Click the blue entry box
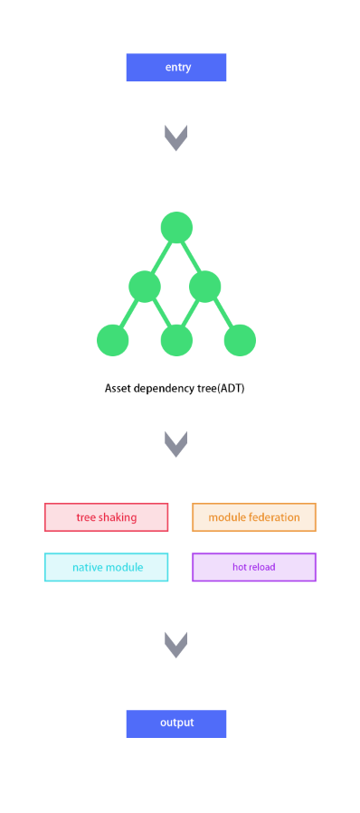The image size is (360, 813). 176,68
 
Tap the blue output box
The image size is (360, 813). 176,723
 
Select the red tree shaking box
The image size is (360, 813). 107,517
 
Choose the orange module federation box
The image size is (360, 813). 254,517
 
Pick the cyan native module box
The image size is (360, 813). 107,567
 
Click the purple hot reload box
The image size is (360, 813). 254,567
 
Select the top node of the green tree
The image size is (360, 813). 177,227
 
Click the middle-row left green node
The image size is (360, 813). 145,286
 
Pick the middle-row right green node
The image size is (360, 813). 205,286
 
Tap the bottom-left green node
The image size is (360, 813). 112,340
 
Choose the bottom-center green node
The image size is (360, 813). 177,340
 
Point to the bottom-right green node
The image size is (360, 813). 241,340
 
